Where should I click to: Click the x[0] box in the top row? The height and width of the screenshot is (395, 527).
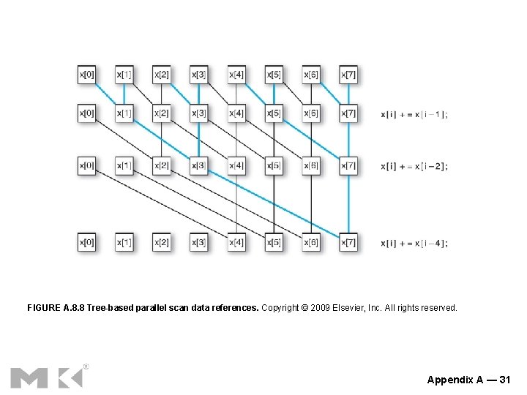[x=86, y=75]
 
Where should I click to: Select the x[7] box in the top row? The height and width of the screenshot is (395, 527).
[x=348, y=75]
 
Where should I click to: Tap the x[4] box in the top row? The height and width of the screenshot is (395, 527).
[x=236, y=75]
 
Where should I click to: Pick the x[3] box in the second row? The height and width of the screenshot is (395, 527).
[x=199, y=113]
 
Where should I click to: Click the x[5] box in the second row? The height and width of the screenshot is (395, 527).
[x=274, y=113]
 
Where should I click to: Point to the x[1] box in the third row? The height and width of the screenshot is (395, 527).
[x=124, y=166]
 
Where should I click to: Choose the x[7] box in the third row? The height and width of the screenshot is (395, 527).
[x=348, y=166]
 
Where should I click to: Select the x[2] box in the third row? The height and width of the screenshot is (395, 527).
[x=162, y=166]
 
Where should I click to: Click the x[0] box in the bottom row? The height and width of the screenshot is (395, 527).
[x=86, y=242]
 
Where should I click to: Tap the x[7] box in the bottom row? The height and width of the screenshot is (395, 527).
[x=348, y=242]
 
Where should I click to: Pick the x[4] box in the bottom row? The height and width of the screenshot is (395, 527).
[x=236, y=242]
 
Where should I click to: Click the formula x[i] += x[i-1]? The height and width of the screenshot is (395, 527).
[x=414, y=114]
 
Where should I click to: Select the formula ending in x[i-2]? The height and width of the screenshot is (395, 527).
[x=414, y=166]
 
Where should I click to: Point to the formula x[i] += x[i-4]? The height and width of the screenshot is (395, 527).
[x=414, y=243]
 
